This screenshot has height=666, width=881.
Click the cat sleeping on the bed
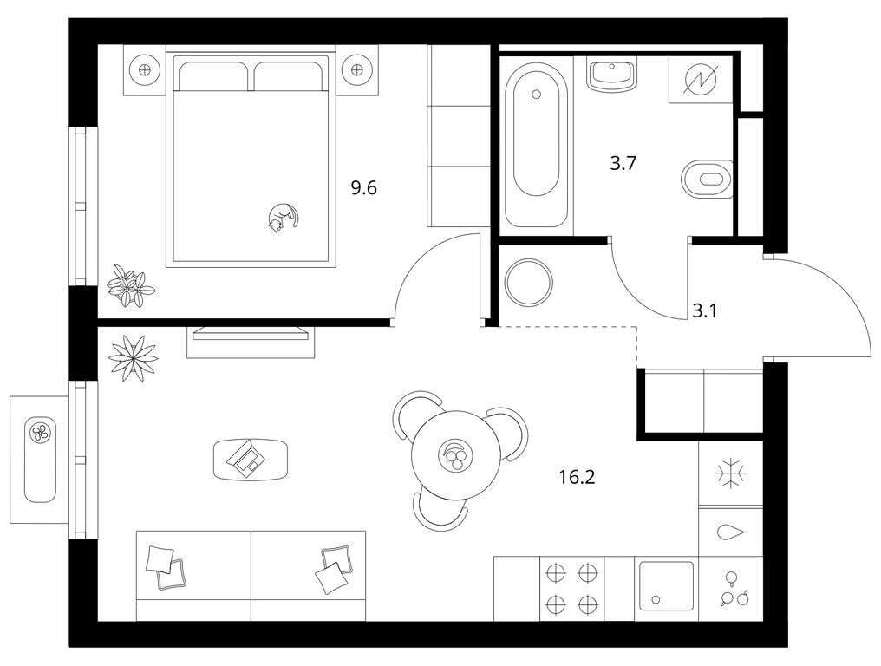282,218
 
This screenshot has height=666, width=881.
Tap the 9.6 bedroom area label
363,187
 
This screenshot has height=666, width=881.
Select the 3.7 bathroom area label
623,164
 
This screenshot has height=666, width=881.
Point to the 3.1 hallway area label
704,310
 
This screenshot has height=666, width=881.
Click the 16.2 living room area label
577,477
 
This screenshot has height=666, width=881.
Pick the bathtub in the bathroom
536,145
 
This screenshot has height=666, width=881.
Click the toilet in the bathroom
707,180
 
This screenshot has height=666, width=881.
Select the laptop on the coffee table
246,457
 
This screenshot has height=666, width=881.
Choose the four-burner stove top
571,589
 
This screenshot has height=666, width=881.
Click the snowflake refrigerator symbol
731,473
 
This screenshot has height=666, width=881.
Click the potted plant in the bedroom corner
131,285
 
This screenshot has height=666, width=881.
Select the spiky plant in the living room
133,357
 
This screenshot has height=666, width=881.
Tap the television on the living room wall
251,334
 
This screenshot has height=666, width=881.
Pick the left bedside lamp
145,70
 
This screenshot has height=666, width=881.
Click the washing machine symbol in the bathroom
701,79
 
